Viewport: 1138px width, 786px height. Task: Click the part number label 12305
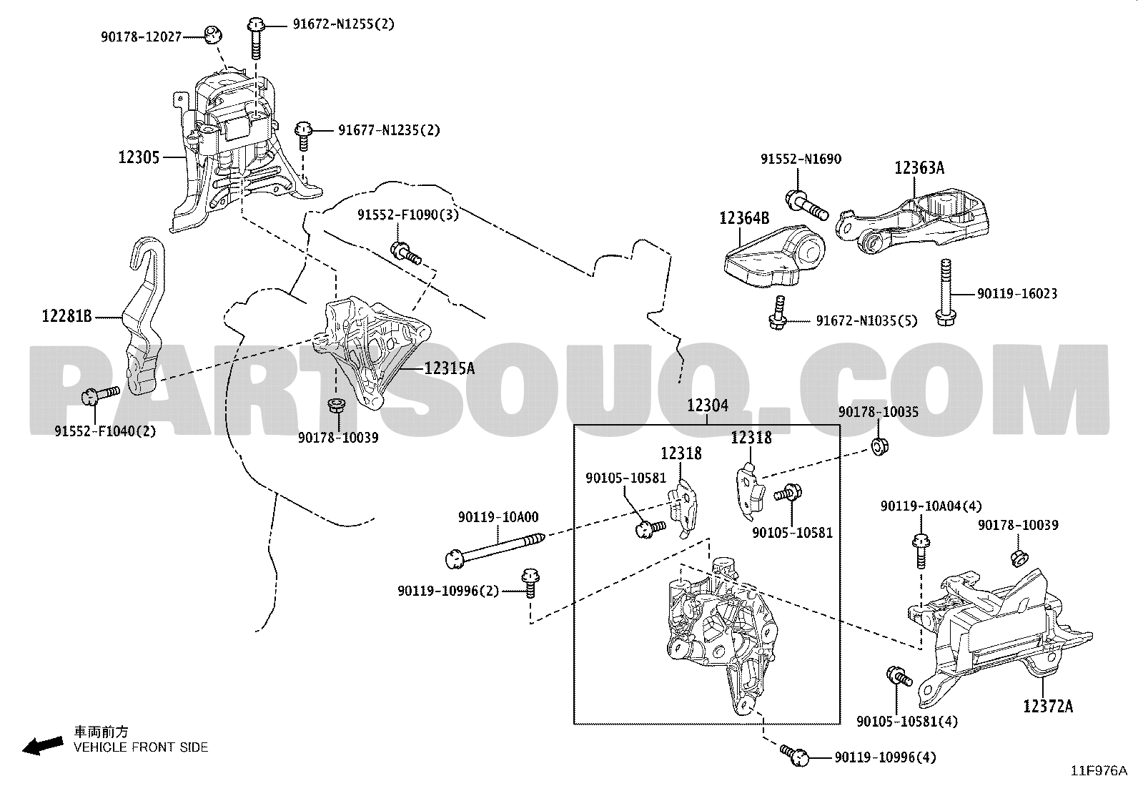[139, 157]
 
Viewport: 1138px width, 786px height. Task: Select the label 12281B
[67, 315]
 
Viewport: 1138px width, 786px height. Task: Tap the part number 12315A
[449, 368]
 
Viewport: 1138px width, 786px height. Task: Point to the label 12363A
[919, 168]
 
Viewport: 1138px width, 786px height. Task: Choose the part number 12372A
[1047, 707]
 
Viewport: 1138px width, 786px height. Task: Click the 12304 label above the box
[707, 406]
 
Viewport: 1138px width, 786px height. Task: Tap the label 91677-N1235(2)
[389, 130]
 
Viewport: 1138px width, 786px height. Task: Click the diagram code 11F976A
[1098, 771]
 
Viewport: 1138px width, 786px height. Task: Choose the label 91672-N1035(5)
[866, 321]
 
